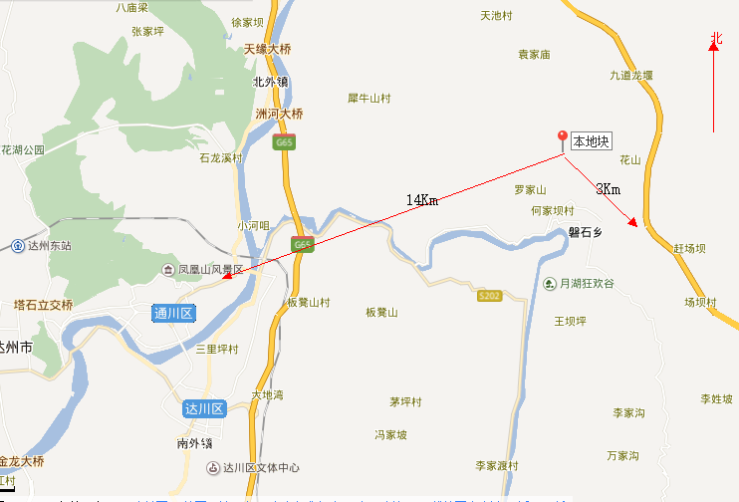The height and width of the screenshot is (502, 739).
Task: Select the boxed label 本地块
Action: pos(590,141)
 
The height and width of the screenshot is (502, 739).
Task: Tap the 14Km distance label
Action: pos(421,200)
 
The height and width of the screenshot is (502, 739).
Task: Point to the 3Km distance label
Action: pos(608,189)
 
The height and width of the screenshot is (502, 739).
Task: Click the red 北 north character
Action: pos(714,40)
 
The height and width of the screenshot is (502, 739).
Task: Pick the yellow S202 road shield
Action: pos(488,296)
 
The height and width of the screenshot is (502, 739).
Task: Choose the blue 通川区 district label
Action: pos(174,313)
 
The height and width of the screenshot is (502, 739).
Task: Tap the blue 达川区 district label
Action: pos(205,409)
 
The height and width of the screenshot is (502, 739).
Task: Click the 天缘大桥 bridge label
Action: pos(267,48)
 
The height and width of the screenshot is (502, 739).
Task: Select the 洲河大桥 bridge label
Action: pos(279,114)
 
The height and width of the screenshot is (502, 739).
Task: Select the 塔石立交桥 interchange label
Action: pos(44,305)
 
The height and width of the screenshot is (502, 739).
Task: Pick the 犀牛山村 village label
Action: pos(369,98)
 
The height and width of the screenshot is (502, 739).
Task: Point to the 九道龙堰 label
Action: pos(631,75)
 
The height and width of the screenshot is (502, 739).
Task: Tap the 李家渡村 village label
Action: pos(497,465)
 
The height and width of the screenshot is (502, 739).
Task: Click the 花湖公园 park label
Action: pos(23,149)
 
